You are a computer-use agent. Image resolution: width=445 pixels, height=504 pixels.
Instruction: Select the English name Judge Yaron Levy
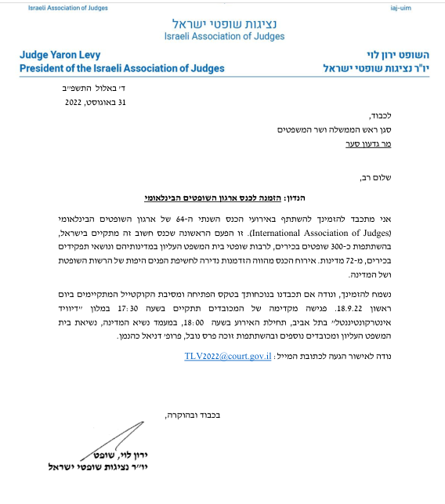pos(64,55)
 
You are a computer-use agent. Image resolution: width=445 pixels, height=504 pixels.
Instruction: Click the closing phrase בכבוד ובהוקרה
pos(187,412)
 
